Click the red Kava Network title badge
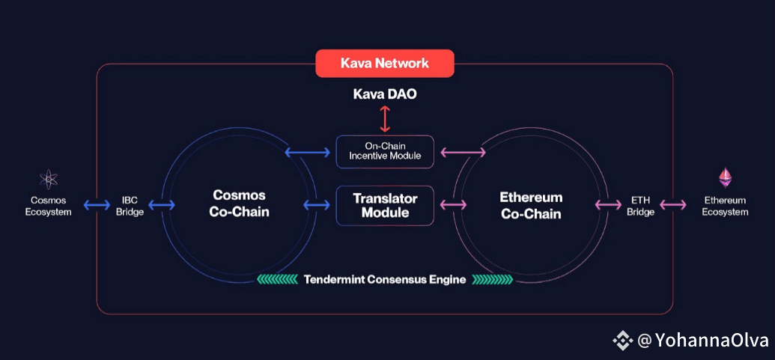click(x=385, y=63)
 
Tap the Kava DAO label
click(x=385, y=94)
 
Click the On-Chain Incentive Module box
click(x=385, y=151)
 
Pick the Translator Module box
click(x=385, y=205)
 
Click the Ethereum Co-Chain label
click(x=531, y=205)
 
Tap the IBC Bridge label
click(x=130, y=207)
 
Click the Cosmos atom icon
click(x=49, y=180)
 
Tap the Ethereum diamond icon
click(x=726, y=178)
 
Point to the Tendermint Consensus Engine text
click(x=385, y=279)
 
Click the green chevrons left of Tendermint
click(x=277, y=279)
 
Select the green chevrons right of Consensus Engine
click(x=492, y=279)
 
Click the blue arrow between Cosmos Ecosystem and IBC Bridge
click(x=97, y=204)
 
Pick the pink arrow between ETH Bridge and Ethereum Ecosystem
click(x=672, y=204)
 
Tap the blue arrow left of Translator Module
click(x=316, y=204)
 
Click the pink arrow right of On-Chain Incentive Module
click(x=463, y=153)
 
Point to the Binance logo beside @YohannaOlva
click(x=623, y=341)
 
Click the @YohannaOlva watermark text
click(x=702, y=341)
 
